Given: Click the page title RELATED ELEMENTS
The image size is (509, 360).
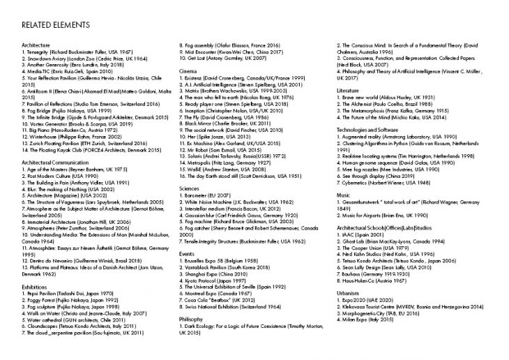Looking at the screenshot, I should click(56, 25).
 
